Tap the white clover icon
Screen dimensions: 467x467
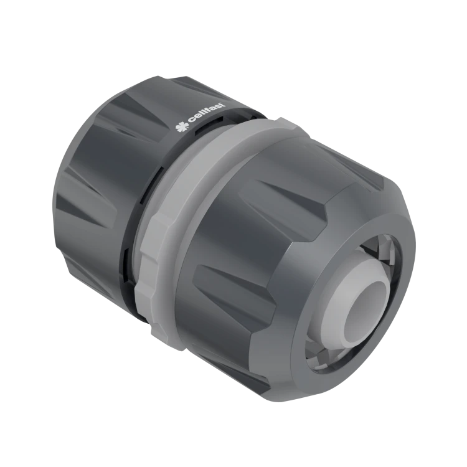(x=181, y=128)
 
